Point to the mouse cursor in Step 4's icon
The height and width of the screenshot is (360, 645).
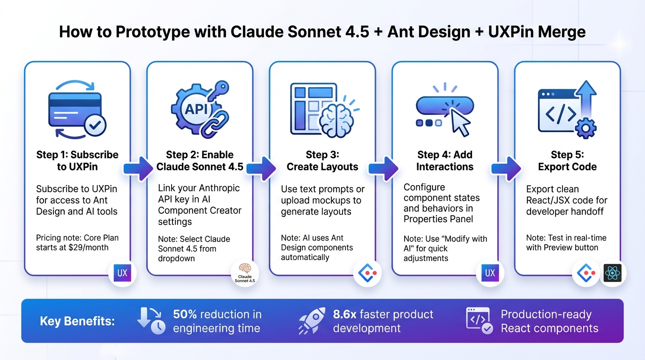(458, 120)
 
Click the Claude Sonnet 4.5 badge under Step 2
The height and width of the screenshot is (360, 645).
(245, 274)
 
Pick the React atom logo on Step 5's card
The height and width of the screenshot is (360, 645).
(613, 273)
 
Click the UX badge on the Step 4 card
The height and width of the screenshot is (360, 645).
(490, 273)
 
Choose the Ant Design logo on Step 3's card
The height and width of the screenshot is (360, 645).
(367, 273)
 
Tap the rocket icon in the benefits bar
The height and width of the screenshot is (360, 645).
(312, 321)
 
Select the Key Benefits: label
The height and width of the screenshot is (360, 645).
(77, 321)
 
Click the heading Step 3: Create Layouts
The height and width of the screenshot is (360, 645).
(322, 161)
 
